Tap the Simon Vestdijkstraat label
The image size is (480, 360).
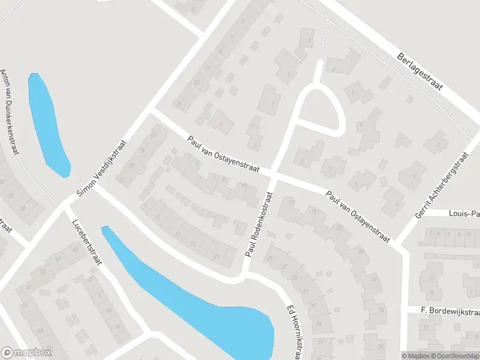[x=103, y=169]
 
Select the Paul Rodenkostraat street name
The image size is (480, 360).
[x=258, y=225]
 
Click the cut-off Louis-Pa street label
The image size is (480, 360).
[x=464, y=213]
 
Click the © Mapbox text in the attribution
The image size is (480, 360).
[x=415, y=355]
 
